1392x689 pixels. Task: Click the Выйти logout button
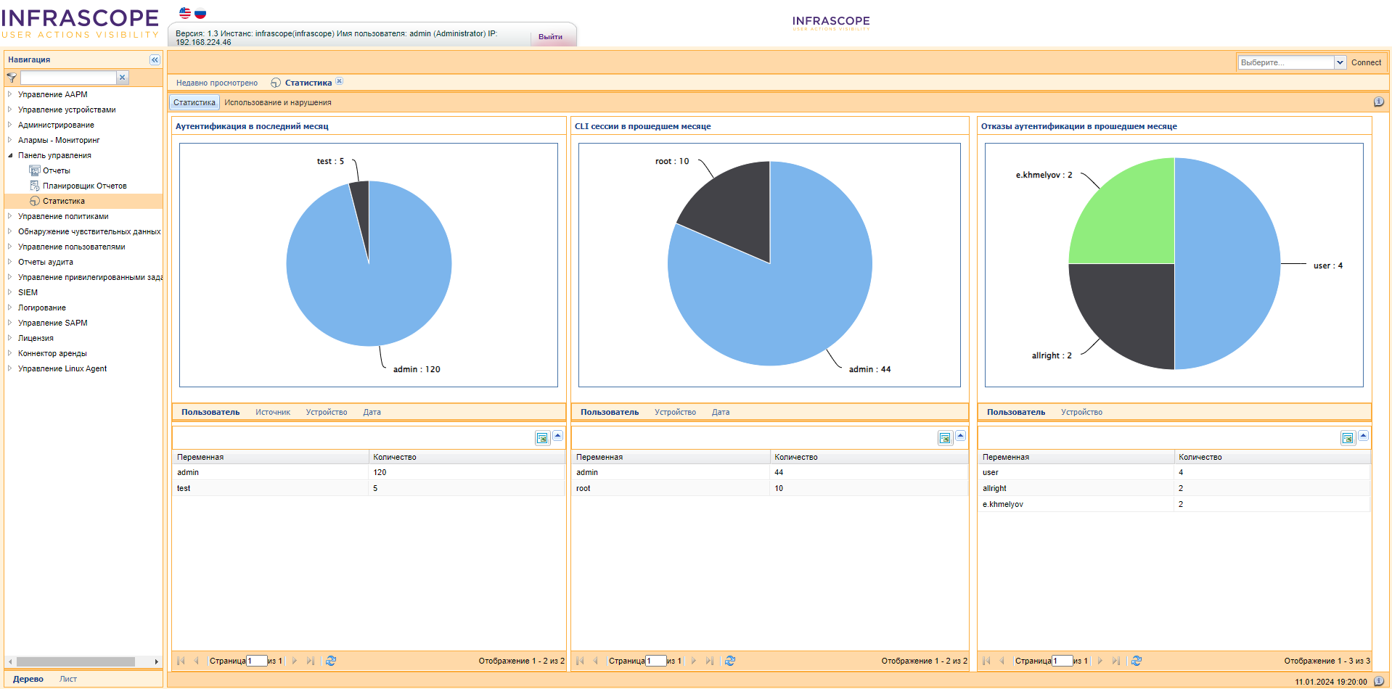coord(550,37)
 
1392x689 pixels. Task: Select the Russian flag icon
coord(200,13)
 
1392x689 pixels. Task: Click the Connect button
coord(1366,63)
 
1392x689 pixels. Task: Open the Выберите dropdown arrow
coord(1340,63)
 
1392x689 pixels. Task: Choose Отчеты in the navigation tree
coord(56,171)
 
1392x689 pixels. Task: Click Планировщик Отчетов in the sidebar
coord(84,186)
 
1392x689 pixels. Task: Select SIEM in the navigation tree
coord(28,293)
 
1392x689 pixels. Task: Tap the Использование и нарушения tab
coord(277,103)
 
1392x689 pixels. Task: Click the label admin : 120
coord(417,370)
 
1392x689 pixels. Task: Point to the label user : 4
coord(1327,266)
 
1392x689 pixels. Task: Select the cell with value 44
coord(779,473)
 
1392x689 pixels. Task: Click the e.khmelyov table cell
coord(1002,505)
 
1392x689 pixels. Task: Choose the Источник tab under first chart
coord(272,413)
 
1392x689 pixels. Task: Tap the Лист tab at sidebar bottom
coord(68,680)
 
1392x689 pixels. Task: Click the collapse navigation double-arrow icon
coord(155,60)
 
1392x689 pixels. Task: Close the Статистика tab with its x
coord(339,81)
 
